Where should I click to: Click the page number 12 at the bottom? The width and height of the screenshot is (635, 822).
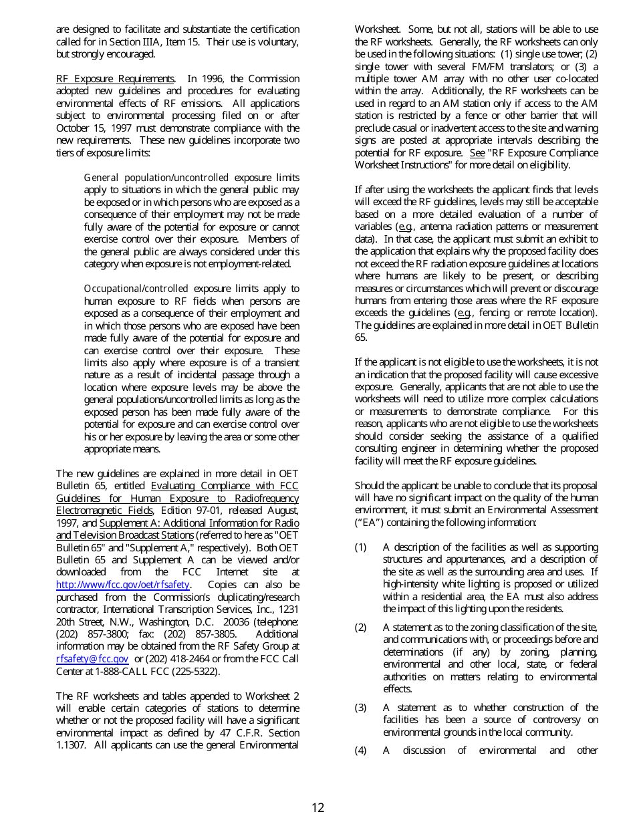click(317, 807)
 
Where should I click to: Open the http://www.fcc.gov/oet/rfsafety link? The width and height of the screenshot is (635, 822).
click(123, 585)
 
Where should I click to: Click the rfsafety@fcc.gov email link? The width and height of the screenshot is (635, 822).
click(92, 659)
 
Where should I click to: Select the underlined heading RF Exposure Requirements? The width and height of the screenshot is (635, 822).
click(116, 79)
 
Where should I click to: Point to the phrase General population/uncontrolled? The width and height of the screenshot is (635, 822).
click(156, 178)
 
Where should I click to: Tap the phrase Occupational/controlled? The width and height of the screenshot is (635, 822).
click(136, 289)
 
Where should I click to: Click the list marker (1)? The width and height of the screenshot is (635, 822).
click(361, 547)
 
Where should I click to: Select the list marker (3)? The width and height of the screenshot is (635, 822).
click(361, 708)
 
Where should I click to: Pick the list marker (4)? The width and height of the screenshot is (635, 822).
click(361, 750)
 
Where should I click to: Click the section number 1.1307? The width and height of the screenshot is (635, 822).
click(72, 745)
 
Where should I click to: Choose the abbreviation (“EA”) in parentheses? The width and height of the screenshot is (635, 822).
click(368, 523)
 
